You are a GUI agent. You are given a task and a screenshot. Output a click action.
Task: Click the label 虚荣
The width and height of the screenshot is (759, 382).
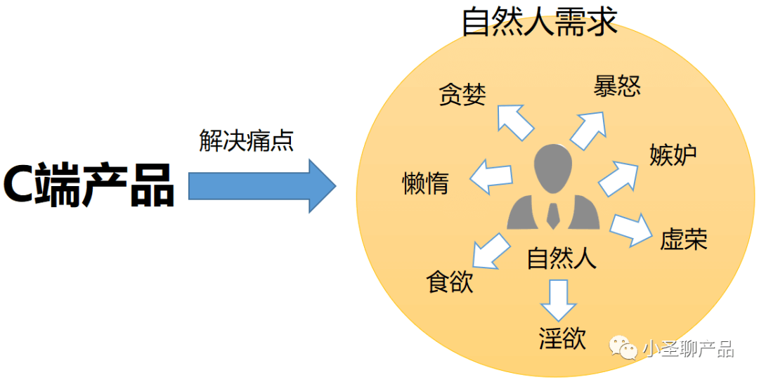coord(684,239)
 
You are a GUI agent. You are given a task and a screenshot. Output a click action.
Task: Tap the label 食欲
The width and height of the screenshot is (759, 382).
coord(450,282)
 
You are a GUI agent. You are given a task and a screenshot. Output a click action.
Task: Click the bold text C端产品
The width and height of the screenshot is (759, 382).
coord(89,185)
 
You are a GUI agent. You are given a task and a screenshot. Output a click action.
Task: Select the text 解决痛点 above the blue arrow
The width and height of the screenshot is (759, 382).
coord(246,141)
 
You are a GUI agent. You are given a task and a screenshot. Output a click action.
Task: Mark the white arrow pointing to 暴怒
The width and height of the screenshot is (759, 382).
coord(588,128)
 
